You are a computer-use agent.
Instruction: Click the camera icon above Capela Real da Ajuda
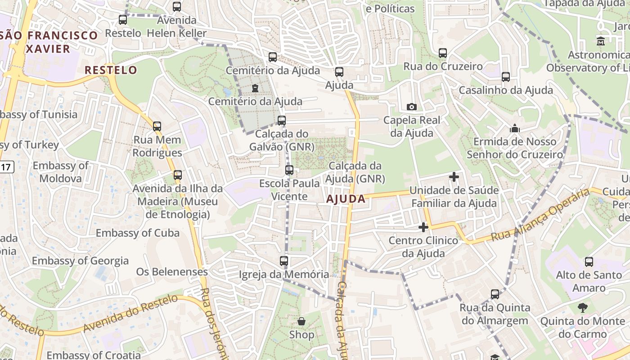point(411,107)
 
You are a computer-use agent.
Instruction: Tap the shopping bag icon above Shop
point(301,321)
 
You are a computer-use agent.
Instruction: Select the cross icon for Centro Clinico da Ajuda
point(423,227)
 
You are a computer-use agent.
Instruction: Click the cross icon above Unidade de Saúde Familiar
point(454,177)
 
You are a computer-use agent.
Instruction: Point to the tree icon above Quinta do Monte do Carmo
point(582,308)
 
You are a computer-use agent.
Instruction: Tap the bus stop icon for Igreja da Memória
point(284,261)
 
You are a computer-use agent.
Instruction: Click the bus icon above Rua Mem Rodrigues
point(157,126)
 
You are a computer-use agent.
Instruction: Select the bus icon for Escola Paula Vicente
point(289,170)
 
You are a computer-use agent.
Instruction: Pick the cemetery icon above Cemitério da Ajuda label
point(255,88)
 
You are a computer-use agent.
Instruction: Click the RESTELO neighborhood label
point(111,70)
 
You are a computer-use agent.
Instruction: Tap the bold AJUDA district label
point(346,199)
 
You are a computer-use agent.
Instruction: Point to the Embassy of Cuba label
point(138,233)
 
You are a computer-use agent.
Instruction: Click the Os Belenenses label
point(172,272)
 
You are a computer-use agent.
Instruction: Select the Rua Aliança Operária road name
point(540,215)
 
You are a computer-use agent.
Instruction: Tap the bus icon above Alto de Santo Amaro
point(589,261)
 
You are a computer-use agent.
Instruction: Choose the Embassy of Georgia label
point(80,261)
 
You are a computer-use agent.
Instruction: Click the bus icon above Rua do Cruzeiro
point(443,53)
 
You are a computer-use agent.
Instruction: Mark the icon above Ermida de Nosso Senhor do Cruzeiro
point(515,129)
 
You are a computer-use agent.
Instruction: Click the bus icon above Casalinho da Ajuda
point(506,77)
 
